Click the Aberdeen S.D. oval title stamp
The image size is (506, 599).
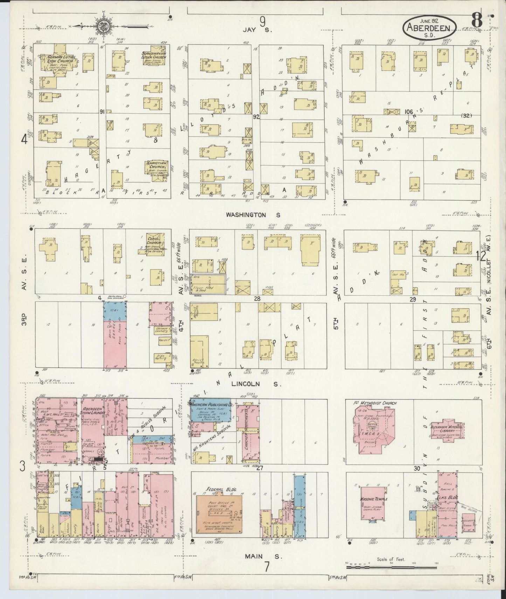430,27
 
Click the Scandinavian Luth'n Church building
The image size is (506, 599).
154,57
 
